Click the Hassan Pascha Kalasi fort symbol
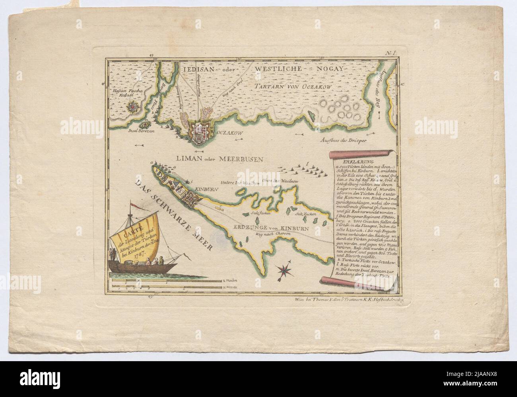pyautogui.click(x=132, y=107)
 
